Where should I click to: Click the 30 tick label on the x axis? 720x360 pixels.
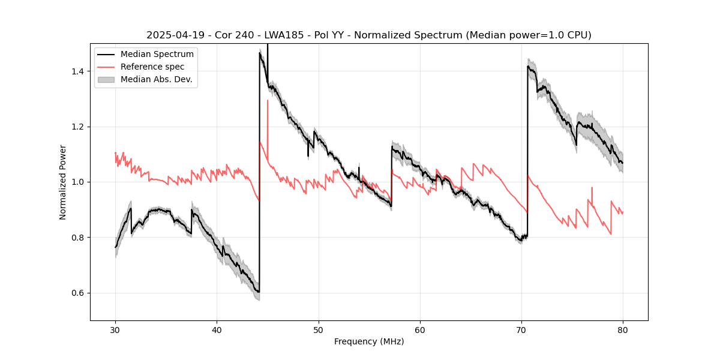click(x=115, y=329)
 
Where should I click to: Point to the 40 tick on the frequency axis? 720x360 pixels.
click(x=217, y=329)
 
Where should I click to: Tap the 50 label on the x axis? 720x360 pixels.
click(x=318, y=329)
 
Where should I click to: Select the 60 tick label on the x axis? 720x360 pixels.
click(x=420, y=329)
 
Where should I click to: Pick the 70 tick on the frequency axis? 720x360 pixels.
click(x=521, y=329)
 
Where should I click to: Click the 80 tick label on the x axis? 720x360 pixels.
click(x=623, y=329)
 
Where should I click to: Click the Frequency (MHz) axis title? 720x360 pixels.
click(x=369, y=341)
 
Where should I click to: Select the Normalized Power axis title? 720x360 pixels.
click(x=63, y=182)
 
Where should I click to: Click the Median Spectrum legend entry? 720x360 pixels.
click(x=157, y=55)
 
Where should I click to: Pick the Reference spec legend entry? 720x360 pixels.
click(x=152, y=67)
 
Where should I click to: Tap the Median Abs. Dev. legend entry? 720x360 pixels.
click(x=156, y=79)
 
